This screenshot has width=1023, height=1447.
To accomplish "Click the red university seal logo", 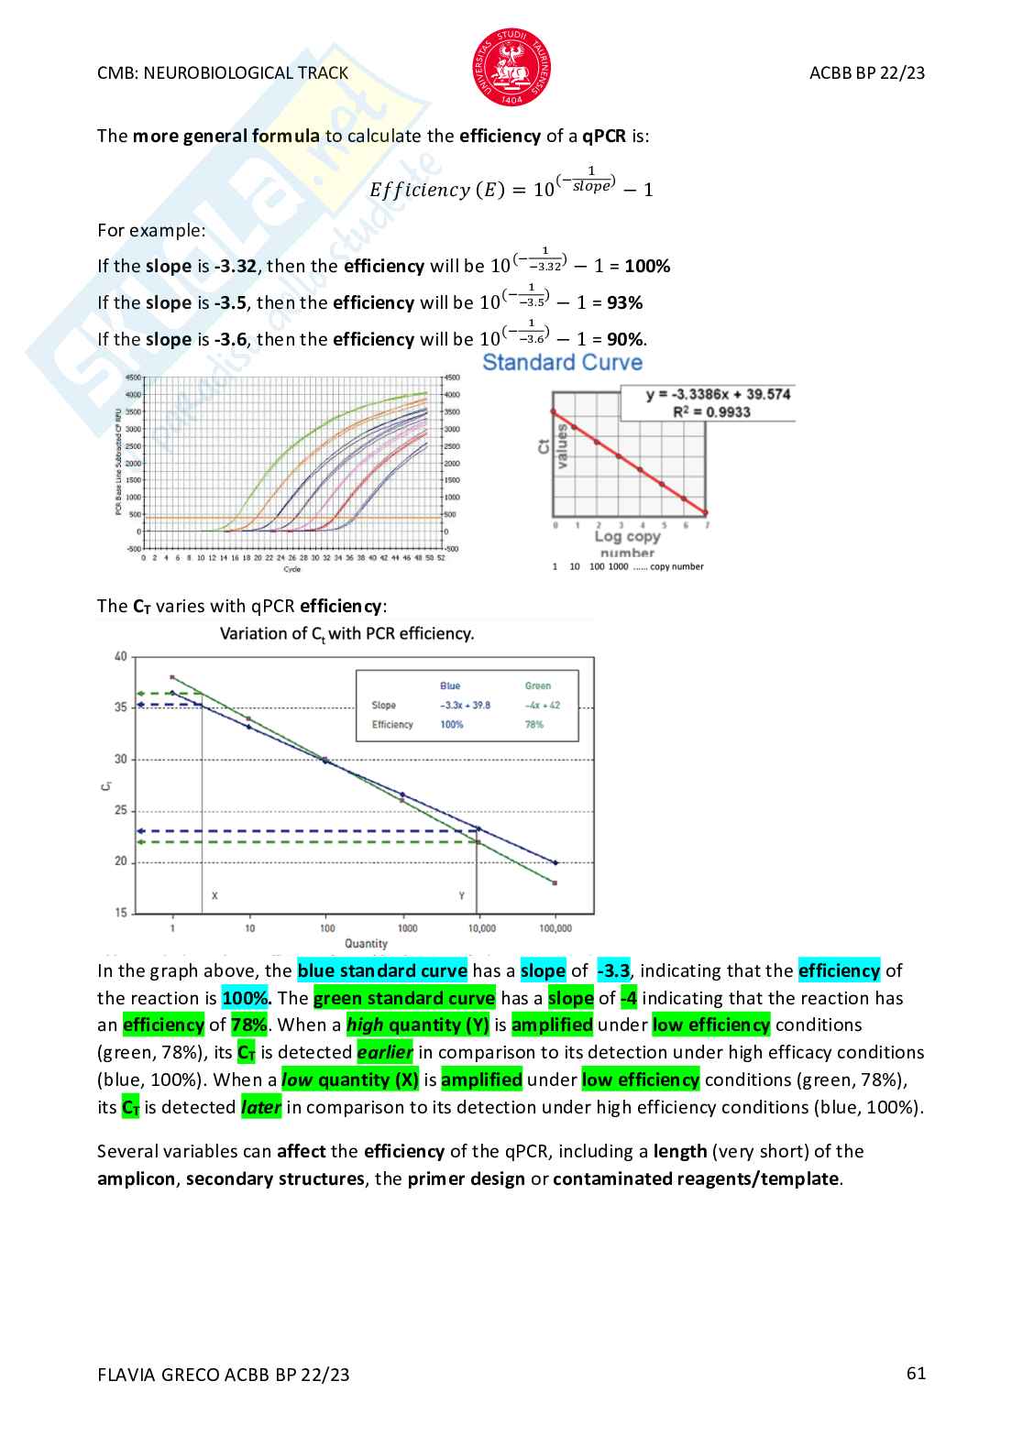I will (511, 67).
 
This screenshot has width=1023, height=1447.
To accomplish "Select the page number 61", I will (916, 1373).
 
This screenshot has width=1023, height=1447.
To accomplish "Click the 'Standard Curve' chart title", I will (562, 363).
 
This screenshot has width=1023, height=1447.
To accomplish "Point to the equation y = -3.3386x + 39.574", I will (718, 394).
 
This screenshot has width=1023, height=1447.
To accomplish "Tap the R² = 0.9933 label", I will (711, 412).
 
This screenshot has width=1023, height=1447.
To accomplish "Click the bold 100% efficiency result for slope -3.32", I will (647, 267).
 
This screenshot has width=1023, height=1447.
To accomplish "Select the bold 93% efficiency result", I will (624, 303).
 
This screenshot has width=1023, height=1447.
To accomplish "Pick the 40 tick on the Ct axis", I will (121, 656).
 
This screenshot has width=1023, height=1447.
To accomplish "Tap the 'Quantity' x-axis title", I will (366, 944).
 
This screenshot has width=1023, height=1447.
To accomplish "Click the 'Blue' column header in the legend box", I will (450, 685).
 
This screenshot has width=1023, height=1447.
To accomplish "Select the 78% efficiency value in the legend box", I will (534, 725).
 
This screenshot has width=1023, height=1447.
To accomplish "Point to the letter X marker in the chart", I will (214, 895).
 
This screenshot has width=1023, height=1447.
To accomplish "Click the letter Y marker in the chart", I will (461, 895).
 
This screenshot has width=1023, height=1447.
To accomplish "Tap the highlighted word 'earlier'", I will (385, 1053).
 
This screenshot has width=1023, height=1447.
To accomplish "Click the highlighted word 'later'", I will (260, 1108).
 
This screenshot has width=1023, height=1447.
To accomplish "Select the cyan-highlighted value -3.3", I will (613, 970).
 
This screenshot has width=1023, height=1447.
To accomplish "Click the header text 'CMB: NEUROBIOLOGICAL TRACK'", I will (223, 73).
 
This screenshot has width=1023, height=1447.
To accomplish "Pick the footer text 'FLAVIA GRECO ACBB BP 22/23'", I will (224, 1375).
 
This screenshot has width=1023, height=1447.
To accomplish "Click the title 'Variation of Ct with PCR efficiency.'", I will (346, 634).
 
